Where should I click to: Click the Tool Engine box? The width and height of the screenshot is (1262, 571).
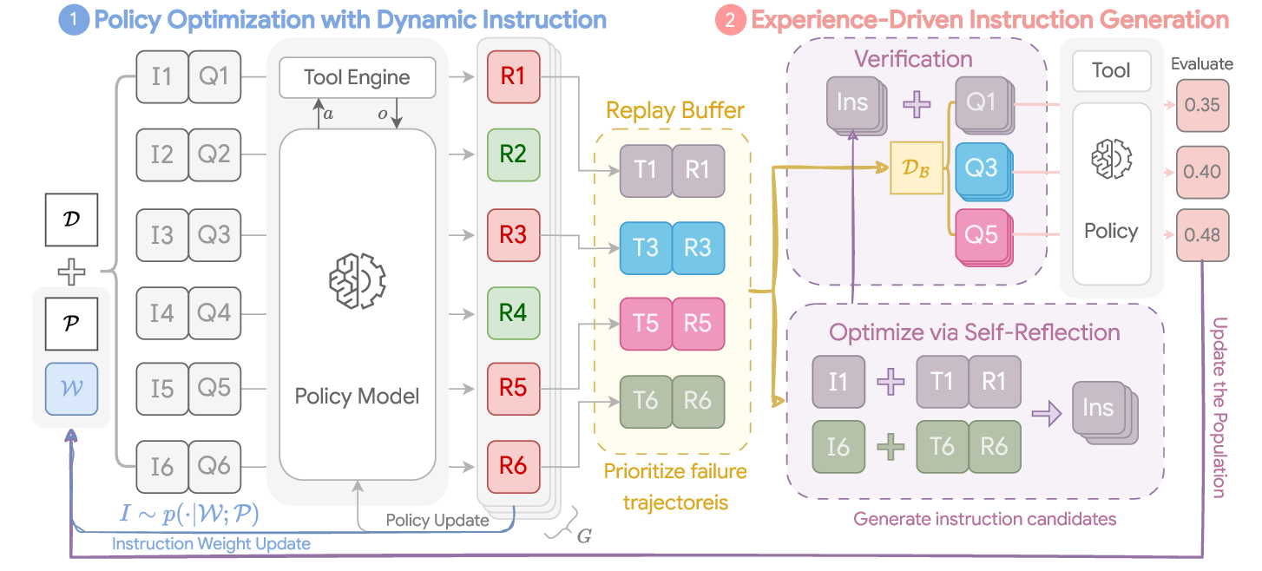click(x=357, y=77)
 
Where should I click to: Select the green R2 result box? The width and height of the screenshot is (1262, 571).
click(x=513, y=154)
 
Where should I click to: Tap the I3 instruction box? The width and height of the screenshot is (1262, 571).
click(x=162, y=234)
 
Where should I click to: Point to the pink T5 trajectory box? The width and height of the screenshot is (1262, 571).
click(x=645, y=323)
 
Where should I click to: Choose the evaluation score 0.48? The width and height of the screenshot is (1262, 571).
click(x=1201, y=234)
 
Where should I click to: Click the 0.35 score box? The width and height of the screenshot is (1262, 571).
click(x=1201, y=105)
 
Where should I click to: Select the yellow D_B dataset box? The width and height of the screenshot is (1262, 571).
click(x=916, y=167)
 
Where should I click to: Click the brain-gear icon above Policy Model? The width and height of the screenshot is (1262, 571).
click(x=357, y=279)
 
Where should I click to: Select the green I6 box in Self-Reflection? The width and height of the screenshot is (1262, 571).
click(x=838, y=446)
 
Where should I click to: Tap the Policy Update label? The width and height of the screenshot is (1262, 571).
click(x=437, y=522)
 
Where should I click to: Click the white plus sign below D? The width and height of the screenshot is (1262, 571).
click(x=71, y=273)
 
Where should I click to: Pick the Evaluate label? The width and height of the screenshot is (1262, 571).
click(x=1201, y=63)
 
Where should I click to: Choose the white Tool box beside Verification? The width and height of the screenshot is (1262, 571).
click(x=1111, y=71)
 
